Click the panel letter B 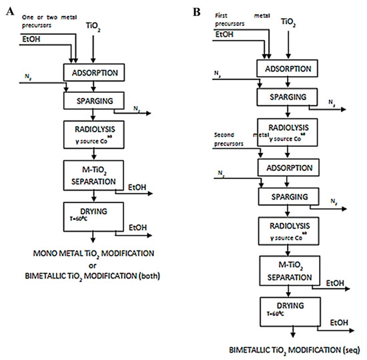coord(196,12)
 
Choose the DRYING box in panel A coord(95,215)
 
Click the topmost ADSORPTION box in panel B coord(287,67)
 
